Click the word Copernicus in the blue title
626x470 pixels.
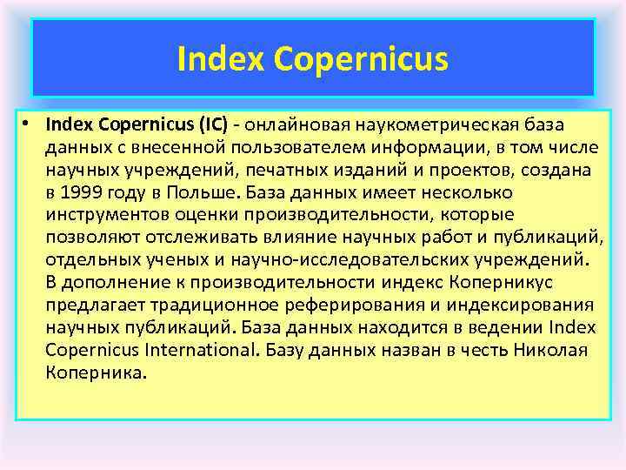click(361, 60)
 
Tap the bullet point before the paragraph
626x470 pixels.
click(29, 123)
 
